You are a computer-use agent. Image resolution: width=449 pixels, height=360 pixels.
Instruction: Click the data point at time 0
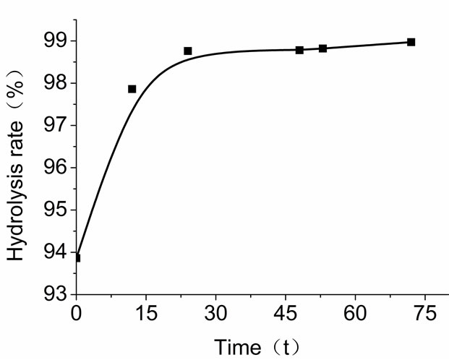pos(77,257)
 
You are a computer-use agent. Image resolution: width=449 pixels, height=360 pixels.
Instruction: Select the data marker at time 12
pos(132,89)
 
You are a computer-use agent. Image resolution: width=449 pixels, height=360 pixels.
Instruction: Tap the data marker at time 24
pos(188,51)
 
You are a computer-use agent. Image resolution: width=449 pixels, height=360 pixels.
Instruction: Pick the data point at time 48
pos(299,50)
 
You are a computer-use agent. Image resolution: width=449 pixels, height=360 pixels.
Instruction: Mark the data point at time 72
pos(411,42)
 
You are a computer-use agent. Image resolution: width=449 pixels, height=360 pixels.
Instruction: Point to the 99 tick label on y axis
pos(56,40)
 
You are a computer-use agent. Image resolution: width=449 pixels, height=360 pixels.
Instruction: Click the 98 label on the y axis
pos(56,83)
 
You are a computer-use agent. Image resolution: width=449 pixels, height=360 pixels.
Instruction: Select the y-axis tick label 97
pos(56,125)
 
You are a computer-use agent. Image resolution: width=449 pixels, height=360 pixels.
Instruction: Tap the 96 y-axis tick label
pos(56,168)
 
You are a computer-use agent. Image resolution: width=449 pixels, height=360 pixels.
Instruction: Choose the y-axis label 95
pos(56,210)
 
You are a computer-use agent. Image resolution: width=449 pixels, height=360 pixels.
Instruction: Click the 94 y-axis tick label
pos(56,252)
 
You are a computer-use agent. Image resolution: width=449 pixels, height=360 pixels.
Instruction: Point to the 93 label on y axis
pos(56,295)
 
